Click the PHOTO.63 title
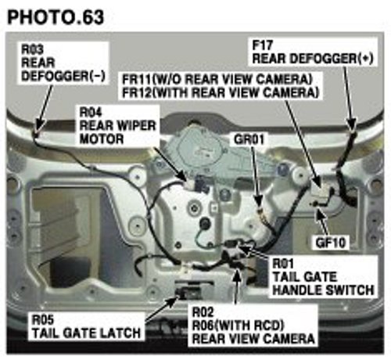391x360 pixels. point(56,17)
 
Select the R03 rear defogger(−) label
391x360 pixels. point(63,63)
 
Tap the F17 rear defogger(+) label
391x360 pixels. point(313,52)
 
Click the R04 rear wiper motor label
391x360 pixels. point(117,126)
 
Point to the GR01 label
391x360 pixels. point(249,139)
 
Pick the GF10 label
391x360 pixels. point(331,243)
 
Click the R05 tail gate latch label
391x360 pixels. point(86,326)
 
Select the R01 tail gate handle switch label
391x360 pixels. point(323,276)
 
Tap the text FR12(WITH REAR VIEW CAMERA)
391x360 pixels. point(221,92)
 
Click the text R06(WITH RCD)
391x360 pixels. point(238,325)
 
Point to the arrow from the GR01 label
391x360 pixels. point(256,175)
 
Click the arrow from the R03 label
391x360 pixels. point(44,108)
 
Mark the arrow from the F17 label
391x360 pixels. point(349,99)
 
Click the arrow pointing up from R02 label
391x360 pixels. point(237,286)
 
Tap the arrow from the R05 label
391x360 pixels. point(161,309)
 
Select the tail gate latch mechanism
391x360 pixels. point(188,292)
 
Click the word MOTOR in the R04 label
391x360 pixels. point(102,139)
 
